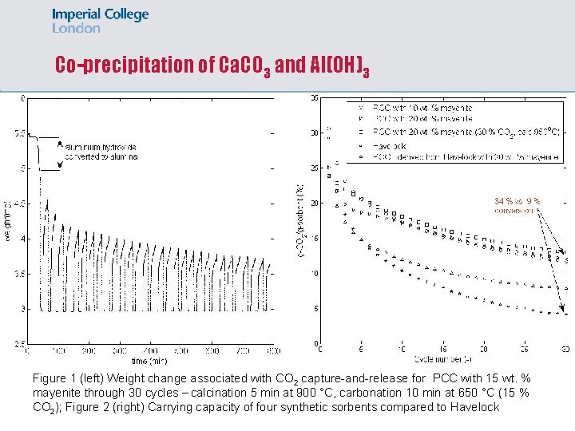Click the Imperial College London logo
point(100,21)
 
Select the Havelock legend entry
point(391,147)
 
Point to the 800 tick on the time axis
point(273,350)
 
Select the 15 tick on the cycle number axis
point(443,350)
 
